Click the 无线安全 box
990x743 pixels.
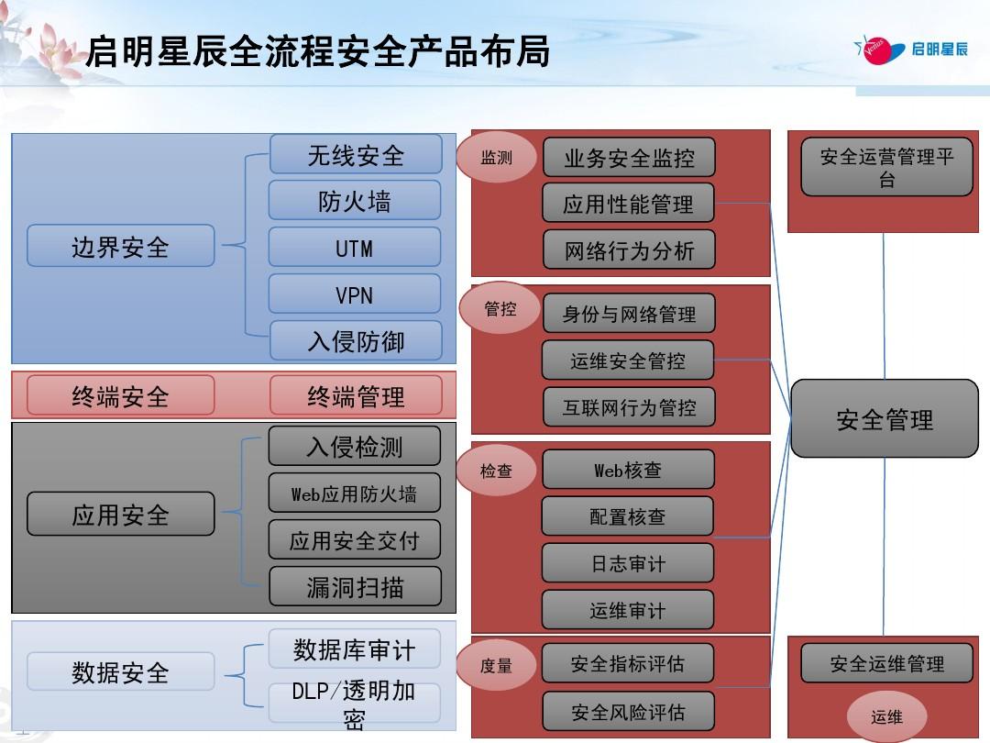356,154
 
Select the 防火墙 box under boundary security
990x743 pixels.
354,200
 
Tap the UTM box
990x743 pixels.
354,247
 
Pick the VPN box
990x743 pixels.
354,294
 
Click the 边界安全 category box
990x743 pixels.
121,245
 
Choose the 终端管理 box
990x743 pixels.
356,395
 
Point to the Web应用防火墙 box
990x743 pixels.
354,493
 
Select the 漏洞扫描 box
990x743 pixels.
355,586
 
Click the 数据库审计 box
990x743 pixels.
354,649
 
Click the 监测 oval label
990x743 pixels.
496,157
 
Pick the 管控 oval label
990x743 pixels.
500,308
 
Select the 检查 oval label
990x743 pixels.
496,470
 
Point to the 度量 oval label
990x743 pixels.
496,665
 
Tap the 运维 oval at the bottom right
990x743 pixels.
886,716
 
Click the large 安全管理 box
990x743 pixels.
885,418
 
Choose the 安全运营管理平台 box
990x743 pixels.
886,167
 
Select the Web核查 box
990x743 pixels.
628,470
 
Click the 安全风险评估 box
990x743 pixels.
628,712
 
